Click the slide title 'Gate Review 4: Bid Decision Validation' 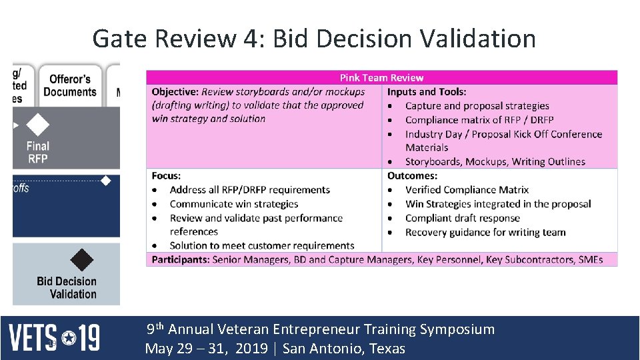(x=313, y=39)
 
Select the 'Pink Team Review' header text (x=381, y=78)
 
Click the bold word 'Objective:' (x=175, y=92)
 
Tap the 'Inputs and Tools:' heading (x=427, y=92)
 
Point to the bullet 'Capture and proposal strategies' (x=477, y=106)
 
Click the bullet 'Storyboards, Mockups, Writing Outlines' (x=495, y=161)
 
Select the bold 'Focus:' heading (x=166, y=176)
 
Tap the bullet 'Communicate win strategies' (x=233, y=204)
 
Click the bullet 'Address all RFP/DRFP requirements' (x=249, y=190)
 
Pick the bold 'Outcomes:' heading (x=412, y=176)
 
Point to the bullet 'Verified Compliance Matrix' (x=467, y=190)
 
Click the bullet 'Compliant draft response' (x=462, y=218)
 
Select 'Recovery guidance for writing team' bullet (x=485, y=232)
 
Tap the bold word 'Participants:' (x=180, y=259)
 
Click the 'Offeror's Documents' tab (x=69, y=86)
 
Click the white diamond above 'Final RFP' (x=38, y=125)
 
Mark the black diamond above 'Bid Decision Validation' (x=81, y=259)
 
